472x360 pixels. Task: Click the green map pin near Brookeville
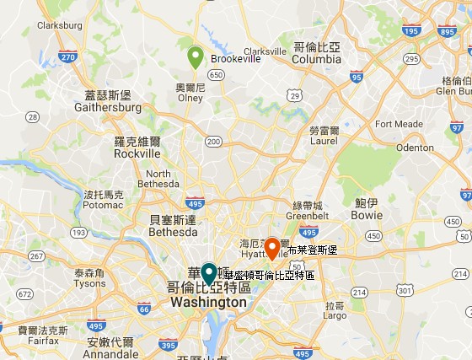[x=196, y=56]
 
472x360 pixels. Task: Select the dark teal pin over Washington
[x=209, y=274]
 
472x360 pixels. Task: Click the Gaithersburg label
[x=108, y=108]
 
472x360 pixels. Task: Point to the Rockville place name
[x=137, y=154]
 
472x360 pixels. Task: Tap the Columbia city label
[x=317, y=59]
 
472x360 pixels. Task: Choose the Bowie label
[x=367, y=215]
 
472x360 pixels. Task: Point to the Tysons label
[x=89, y=284]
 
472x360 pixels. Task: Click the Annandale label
[x=110, y=355]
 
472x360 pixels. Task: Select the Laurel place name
[x=324, y=142]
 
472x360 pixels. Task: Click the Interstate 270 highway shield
[x=68, y=57]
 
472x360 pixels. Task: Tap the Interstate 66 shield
[x=144, y=309]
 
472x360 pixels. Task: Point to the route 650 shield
[x=217, y=75]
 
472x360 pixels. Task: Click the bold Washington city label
[x=208, y=302]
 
